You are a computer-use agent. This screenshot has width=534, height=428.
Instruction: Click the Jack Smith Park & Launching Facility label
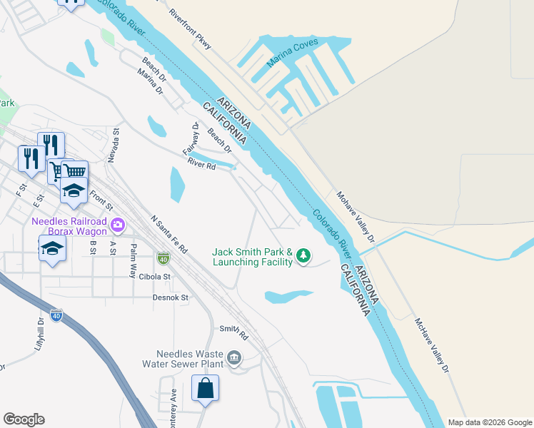coord(253,257)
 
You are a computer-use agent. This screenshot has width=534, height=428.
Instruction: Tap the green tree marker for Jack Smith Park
coord(303,255)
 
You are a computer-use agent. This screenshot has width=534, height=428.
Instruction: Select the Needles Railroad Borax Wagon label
coord(69,225)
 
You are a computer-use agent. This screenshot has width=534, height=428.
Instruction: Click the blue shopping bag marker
coord(205,389)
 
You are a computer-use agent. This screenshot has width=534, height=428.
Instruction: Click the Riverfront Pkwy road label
coord(191,29)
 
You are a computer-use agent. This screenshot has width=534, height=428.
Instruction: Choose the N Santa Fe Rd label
coord(169,235)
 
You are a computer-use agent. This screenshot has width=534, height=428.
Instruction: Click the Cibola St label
coord(156,276)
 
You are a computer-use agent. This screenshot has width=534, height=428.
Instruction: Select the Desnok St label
coord(170,297)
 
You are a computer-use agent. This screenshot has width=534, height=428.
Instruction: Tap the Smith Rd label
coord(233,332)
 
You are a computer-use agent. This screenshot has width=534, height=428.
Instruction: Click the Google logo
coord(24,419)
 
